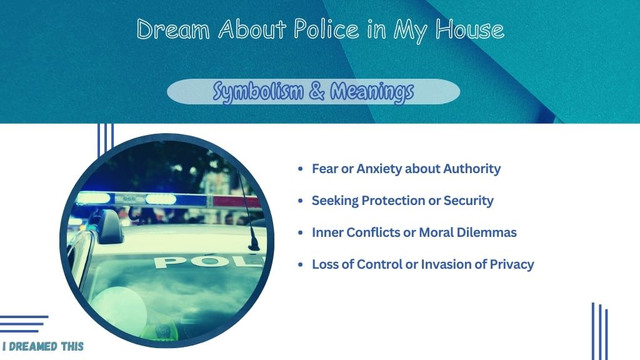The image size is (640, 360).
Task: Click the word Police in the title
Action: pyautogui.click(x=326, y=29)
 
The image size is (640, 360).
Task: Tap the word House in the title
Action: pyautogui.click(x=469, y=29)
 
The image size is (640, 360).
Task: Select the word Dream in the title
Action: pyautogui.click(x=173, y=29)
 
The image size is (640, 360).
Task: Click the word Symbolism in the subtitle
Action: pyautogui.click(x=258, y=91)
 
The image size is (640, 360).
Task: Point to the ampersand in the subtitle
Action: pyautogui.click(x=317, y=91)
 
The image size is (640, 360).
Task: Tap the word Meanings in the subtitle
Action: pyautogui.click(x=372, y=91)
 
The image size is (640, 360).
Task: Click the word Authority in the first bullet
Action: pyautogui.click(x=472, y=169)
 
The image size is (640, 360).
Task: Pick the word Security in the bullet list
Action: pyautogui.click(x=469, y=201)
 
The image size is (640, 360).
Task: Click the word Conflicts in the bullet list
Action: pyautogui.click(x=369, y=232)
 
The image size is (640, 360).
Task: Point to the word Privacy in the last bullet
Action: pyautogui.click(x=512, y=264)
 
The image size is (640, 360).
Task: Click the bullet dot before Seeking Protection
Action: pyautogui.click(x=301, y=201)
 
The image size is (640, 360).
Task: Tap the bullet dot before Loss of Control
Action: pyautogui.click(x=301, y=264)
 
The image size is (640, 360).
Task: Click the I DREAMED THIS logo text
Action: pyautogui.click(x=43, y=346)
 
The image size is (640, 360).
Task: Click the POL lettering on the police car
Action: pyautogui.click(x=208, y=261)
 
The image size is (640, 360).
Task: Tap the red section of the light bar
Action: pyautogui.click(x=235, y=201)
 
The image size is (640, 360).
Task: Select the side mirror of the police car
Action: pyautogui.click(x=107, y=226)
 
